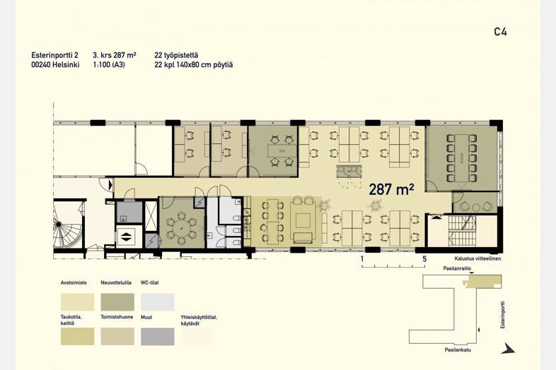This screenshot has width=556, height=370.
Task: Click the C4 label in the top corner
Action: pyautogui.click(x=500, y=32)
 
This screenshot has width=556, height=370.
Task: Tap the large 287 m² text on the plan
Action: pyautogui.click(x=391, y=189)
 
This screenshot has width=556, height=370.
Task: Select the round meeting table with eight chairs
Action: pyautogui.click(x=182, y=228)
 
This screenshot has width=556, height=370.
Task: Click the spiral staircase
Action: pyautogui.click(x=67, y=225)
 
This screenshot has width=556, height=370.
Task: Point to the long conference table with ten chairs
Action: pyautogui.click(x=461, y=158)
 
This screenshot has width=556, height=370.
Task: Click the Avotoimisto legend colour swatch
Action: pyautogui.click(x=77, y=302)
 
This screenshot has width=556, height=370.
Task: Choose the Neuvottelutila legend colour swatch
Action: pyautogui.click(x=117, y=302)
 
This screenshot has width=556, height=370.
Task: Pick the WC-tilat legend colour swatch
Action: pyautogui.click(x=158, y=302)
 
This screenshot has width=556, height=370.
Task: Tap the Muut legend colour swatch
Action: pyautogui.click(x=158, y=336)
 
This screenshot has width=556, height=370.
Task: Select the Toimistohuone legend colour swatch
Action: pyautogui.click(x=117, y=336)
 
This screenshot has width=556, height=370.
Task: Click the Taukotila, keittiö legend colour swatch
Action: pyautogui.click(x=77, y=336)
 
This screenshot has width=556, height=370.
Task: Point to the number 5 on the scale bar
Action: pyautogui.click(x=424, y=259)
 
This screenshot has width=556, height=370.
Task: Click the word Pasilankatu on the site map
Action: pyautogui.click(x=458, y=350)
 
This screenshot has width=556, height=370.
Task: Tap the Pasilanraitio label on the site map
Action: pyautogui.click(x=457, y=268)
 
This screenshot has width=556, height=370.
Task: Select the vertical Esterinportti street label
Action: pyautogui.click(x=502, y=315)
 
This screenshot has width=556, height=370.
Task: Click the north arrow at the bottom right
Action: pyautogui.click(x=509, y=349)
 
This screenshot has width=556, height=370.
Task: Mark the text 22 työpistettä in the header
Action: pyautogui.click(x=176, y=55)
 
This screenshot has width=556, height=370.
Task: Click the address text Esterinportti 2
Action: pyautogui.click(x=55, y=55)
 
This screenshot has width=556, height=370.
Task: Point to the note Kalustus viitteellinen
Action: pyautogui.click(x=478, y=259)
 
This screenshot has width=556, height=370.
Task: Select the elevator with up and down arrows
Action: pyautogui.click(x=125, y=237)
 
